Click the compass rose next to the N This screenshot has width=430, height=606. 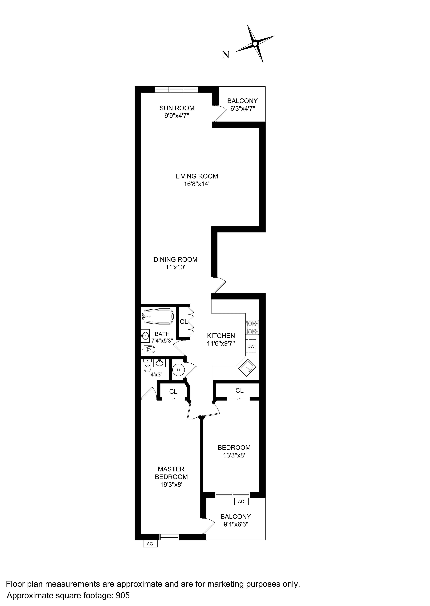pyautogui.click(x=255, y=44)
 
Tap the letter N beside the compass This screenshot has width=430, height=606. pyautogui.click(x=225, y=55)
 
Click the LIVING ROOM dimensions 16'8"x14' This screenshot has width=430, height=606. pyautogui.click(x=197, y=184)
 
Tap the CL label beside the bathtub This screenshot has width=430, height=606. pyautogui.click(x=184, y=322)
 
